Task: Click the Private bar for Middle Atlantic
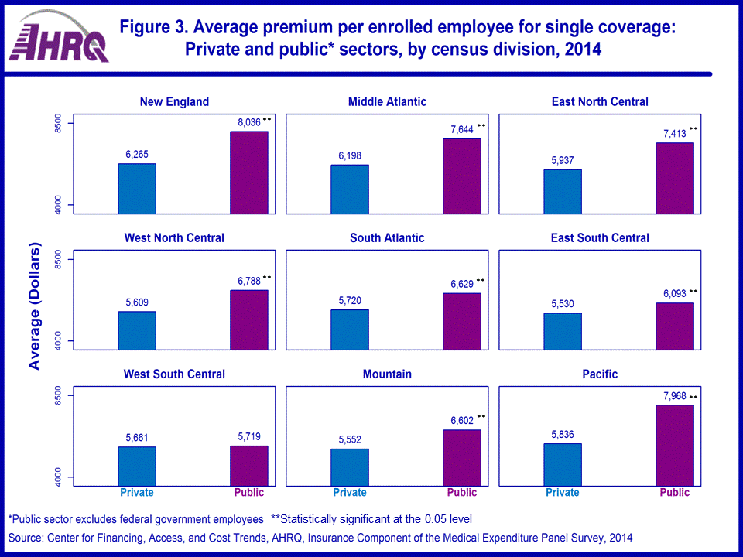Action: (x=350, y=189)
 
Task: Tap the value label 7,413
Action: (x=674, y=134)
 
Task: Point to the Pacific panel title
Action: (x=600, y=374)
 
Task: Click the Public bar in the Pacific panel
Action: (x=674, y=445)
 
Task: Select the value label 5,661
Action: (x=137, y=437)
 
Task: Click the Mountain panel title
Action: (x=387, y=374)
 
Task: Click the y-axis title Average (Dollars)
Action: (x=34, y=307)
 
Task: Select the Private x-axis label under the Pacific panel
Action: (x=562, y=493)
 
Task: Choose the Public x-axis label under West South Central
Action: (x=249, y=493)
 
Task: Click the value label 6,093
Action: (x=674, y=294)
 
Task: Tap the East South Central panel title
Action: (x=600, y=238)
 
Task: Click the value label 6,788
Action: (x=249, y=281)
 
